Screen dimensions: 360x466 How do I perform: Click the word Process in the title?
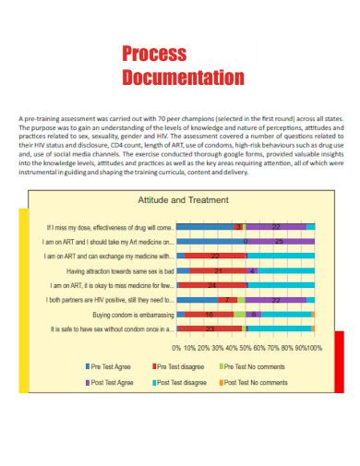coord(154,54)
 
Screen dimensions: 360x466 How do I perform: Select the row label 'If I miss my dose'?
coord(110,226)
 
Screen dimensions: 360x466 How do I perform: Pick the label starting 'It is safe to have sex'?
coord(112,329)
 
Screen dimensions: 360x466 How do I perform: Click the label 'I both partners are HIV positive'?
coord(110,300)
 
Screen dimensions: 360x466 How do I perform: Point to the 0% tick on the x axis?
coord(176,348)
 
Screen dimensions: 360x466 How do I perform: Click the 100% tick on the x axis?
coord(314,348)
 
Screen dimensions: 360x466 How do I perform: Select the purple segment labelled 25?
coord(279,241)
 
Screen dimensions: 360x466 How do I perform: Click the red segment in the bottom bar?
coord(212,329)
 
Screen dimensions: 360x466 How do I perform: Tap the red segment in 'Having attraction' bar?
coord(218,270)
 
